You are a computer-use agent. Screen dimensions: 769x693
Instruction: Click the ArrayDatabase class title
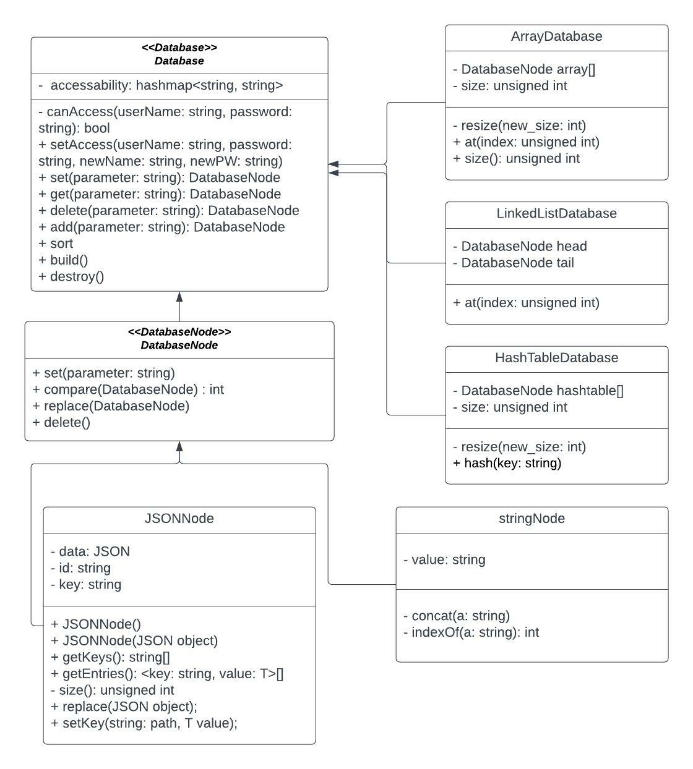point(556,36)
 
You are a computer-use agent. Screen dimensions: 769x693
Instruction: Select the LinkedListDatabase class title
point(556,213)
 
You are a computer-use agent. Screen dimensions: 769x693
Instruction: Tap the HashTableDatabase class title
point(556,358)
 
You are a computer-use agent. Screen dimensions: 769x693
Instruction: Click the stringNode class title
point(532,519)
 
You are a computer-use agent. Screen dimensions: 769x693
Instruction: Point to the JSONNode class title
point(179,519)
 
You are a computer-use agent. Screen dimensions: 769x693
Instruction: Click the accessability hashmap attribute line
point(161,85)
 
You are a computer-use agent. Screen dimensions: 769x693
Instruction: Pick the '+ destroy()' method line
point(71,276)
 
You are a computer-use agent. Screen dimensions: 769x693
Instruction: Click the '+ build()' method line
point(63,260)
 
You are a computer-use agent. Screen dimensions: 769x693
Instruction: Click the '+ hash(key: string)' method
point(507,463)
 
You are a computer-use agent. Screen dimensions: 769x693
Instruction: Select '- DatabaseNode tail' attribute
point(514,263)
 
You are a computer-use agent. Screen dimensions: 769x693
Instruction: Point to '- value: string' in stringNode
point(444,559)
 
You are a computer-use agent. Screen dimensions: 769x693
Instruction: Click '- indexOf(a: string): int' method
point(471,632)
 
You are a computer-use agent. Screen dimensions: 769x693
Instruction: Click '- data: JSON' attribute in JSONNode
point(90,551)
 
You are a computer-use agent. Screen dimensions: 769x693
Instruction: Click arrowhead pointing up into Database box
point(179,297)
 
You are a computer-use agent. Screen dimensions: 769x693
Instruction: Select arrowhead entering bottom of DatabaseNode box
point(179,447)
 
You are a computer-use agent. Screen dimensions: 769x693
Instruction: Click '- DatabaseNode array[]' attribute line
point(524,69)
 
